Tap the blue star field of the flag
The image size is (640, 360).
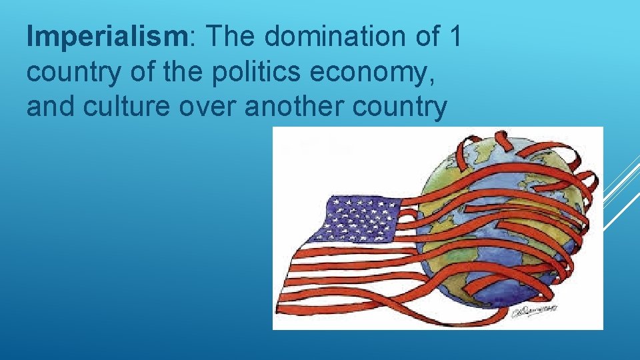tap(360, 219)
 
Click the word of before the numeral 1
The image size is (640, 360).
tap(422, 38)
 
